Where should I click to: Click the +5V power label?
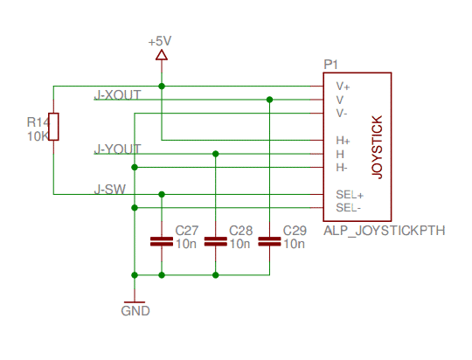coord(161,41)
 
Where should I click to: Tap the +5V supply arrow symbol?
coord(161,55)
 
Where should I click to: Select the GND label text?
coord(135,311)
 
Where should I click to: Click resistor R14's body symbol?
coord(54,127)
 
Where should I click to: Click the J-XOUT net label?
coord(117,94)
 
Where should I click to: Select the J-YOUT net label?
coord(117,149)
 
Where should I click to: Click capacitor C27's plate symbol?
coord(161,241)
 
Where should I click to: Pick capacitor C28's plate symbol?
coord(215,241)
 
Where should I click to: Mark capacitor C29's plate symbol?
coord(269,241)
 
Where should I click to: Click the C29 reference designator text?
coord(295,231)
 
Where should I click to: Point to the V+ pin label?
coord(343,87)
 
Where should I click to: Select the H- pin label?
coord(342,167)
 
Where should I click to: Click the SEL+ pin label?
coord(349,194)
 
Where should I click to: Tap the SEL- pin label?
coord(349,207)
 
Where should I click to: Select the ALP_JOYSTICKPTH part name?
coord(385,231)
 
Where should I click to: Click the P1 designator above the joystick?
coord(330,65)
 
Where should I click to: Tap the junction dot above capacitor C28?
coord(215,154)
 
